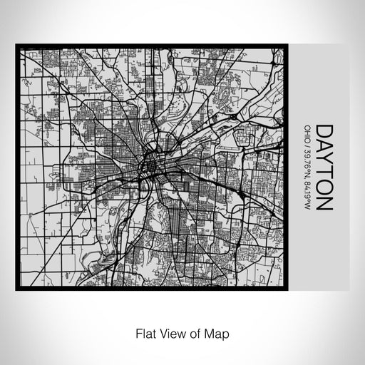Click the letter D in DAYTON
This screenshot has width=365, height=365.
pos(324,132)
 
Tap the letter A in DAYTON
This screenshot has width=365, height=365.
pos(324,147)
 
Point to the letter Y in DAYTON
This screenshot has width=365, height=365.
pos(324,160)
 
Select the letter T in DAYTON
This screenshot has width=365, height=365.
pos(324,173)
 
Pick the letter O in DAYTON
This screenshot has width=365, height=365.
pos(324,187)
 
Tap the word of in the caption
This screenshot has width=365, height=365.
pos(193,333)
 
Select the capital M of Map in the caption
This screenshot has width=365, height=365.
pos(207,333)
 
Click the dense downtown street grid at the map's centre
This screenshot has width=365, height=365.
pos(151,168)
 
